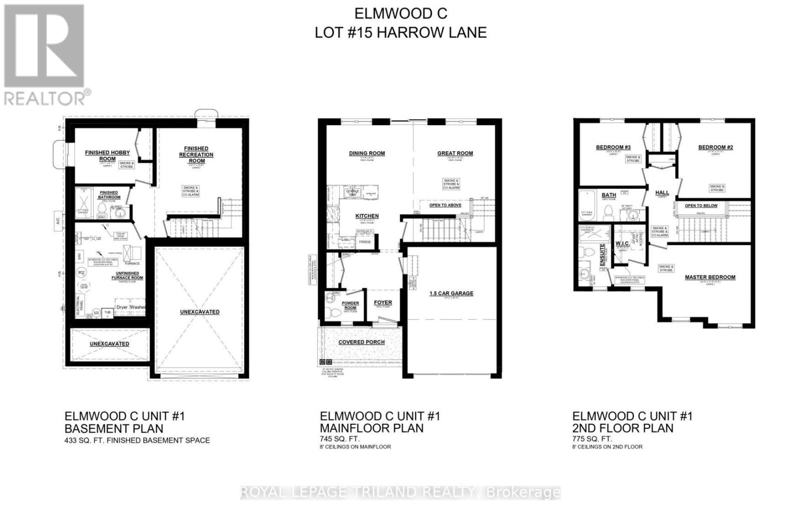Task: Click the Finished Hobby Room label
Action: click(x=107, y=155)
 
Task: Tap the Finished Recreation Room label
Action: click(x=196, y=151)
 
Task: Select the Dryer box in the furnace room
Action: click(x=122, y=307)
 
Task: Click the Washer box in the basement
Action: click(x=138, y=307)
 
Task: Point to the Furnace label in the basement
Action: click(x=132, y=264)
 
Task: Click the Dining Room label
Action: click(x=367, y=153)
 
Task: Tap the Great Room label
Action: click(x=455, y=153)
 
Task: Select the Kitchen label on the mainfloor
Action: click(x=367, y=216)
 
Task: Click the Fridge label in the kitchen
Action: click(x=365, y=242)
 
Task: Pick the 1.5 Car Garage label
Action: click(x=451, y=293)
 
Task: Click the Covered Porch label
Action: click(x=361, y=342)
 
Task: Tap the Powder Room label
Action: click(x=350, y=306)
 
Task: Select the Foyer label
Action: click(x=383, y=303)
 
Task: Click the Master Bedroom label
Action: click(x=710, y=277)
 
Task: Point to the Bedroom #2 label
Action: click(x=715, y=147)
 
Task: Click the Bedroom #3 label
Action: click(x=613, y=147)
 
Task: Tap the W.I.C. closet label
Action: click(x=622, y=243)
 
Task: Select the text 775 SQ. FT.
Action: click(x=592, y=439)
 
